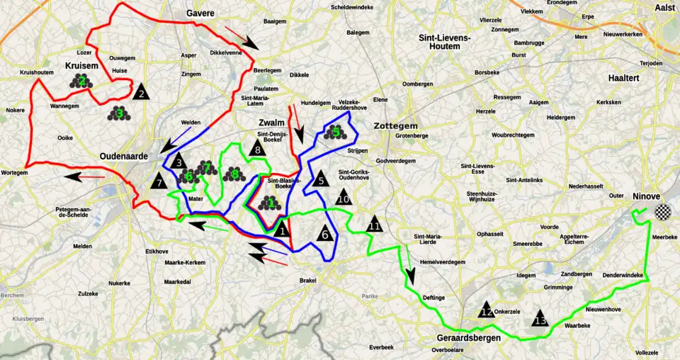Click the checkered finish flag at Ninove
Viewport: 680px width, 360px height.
coord(662,211)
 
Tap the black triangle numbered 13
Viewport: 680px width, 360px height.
coord(540,319)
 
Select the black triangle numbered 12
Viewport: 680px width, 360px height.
coord(486,310)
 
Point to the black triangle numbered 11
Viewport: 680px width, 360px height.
coord(374,225)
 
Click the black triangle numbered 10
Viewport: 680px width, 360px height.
coord(344,198)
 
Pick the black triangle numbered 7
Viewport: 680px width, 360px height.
coord(159,181)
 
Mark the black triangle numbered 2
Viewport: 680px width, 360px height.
coord(141,91)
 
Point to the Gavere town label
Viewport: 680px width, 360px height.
coord(200,13)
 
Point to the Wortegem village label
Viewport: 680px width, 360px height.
coord(14,172)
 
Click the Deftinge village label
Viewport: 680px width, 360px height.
coord(433,298)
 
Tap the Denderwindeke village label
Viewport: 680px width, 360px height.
coord(623,275)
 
